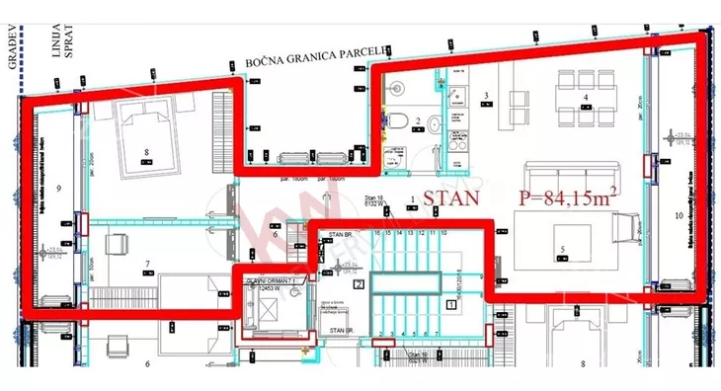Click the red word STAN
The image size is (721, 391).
[x=452, y=197]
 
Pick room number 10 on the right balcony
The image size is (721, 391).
[x=679, y=214]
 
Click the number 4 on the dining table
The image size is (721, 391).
[x=586, y=97]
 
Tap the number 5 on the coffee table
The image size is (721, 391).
[x=561, y=249]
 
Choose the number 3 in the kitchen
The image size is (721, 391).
[x=486, y=96]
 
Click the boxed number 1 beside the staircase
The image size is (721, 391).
[x=451, y=305]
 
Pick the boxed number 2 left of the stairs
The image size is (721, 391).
[x=358, y=283]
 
